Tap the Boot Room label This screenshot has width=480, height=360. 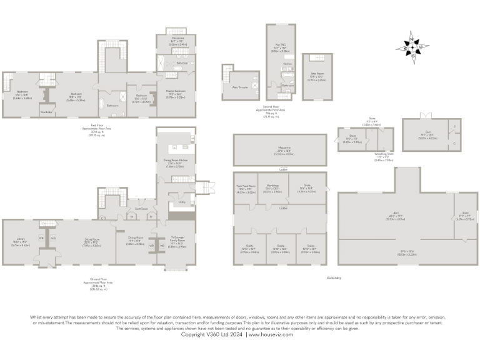pyautogui.click(x=141, y=209)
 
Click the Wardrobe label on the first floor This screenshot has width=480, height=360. pyautogui.click(x=45, y=112)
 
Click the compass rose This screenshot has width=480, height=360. pyautogui.click(x=412, y=46)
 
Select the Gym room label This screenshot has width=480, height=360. pyautogui.click(x=427, y=136)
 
